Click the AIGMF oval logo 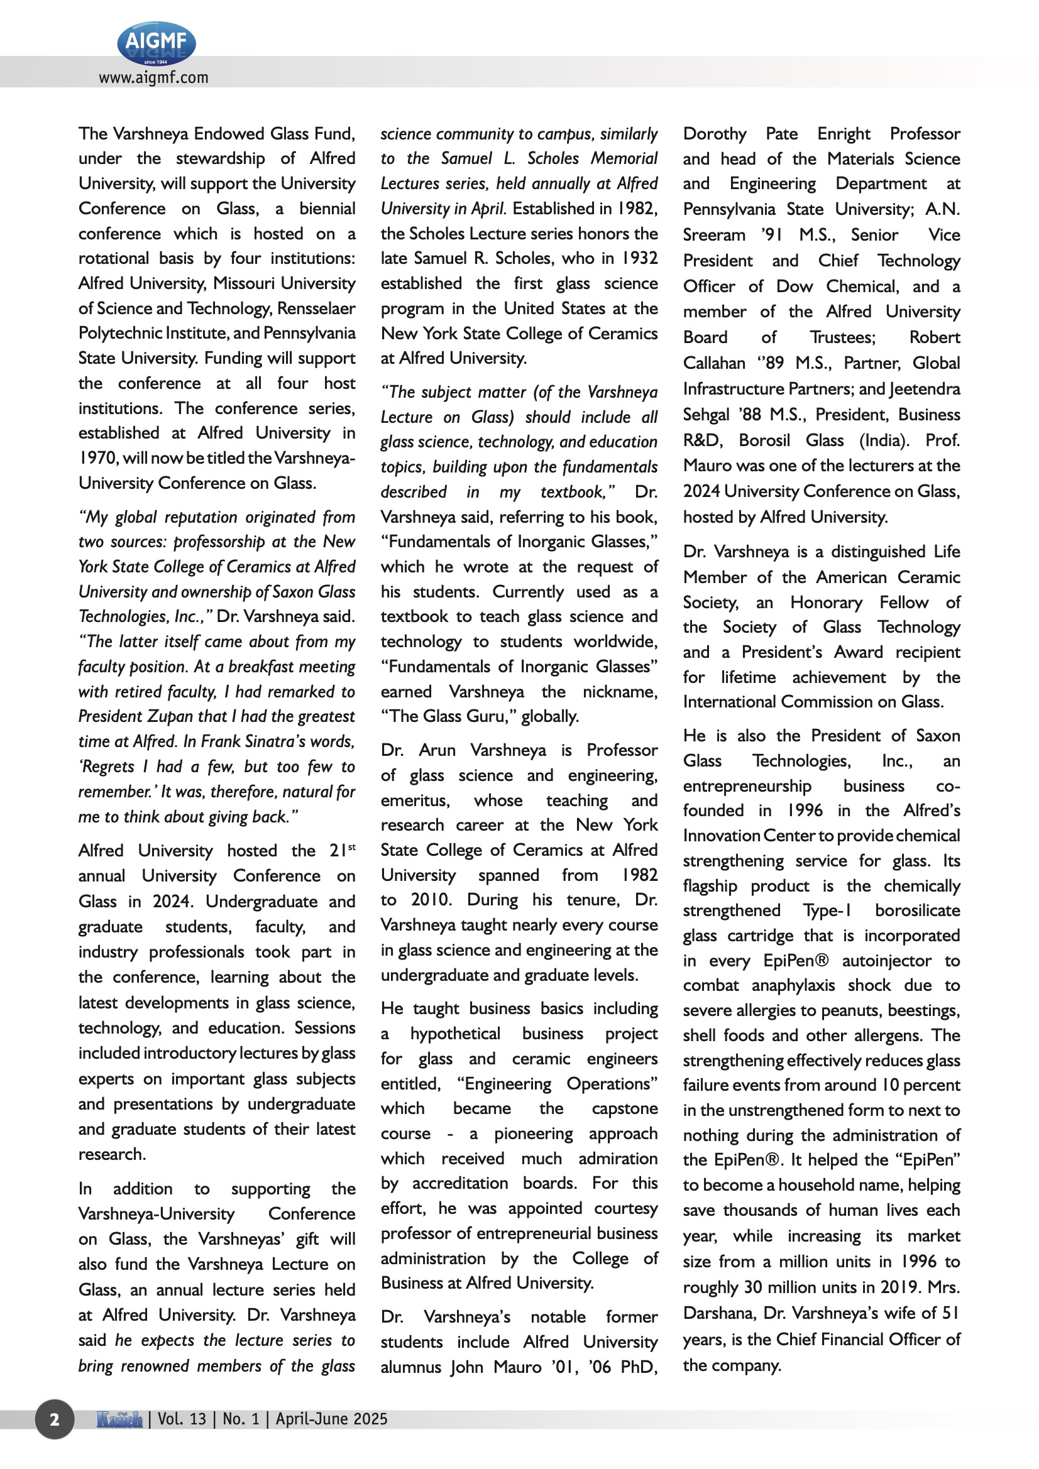click(157, 43)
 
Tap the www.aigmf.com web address click(153, 78)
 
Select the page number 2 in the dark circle click(55, 1420)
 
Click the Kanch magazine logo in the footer click(119, 1419)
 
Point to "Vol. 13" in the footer click(182, 1419)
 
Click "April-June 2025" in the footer click(332, 1419)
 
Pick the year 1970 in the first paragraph click(98, 458)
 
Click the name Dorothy click(715, 134)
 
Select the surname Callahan click(714, 363)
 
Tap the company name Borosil click(765, 441)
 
